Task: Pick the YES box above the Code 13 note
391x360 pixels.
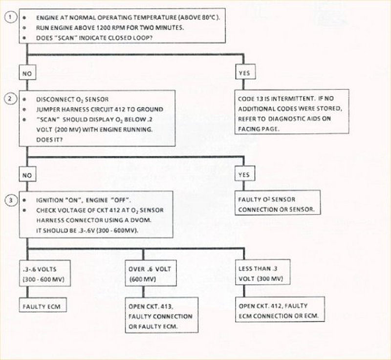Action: [244, 73]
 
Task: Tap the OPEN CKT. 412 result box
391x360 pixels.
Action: [280, 311]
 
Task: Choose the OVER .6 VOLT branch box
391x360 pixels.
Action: [146, 273]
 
